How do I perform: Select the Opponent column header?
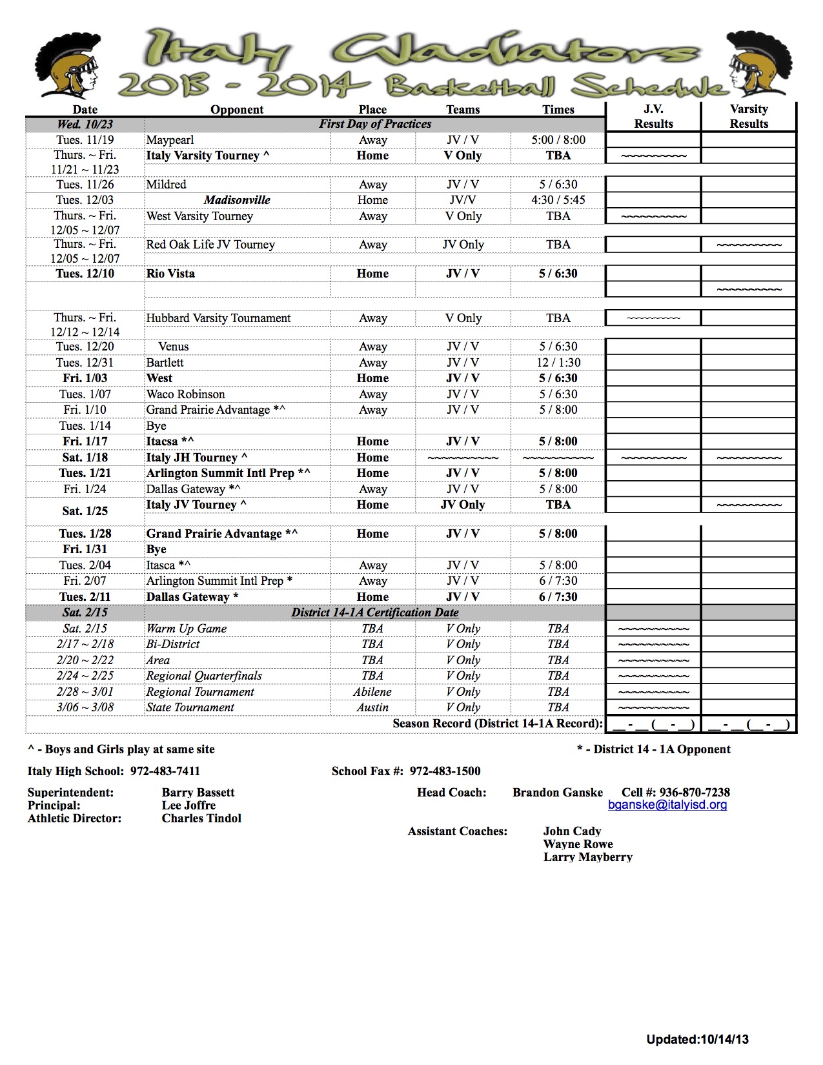pos(237,109)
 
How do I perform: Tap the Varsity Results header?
pos(749,116)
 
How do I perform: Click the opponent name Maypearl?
pos(170,140)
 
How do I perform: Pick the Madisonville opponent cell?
pos(237,200)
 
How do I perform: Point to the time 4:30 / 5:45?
pos(558,200)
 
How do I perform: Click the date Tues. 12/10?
pos(85,274)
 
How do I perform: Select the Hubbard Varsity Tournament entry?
pos(218,318)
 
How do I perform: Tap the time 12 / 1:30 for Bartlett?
pos(558,363)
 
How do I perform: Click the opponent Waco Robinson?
pos(185,394)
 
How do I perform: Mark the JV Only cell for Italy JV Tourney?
pos(463,505)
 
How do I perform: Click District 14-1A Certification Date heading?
pos(375,613)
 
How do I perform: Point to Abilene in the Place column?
pos(372,692)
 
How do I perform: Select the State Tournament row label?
pos(190,707)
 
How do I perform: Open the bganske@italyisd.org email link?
pos(667,805)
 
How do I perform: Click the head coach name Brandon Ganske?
pos(558,793)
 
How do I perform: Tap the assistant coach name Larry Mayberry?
pos(587,857)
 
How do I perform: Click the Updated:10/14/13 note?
pos(697,1039)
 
